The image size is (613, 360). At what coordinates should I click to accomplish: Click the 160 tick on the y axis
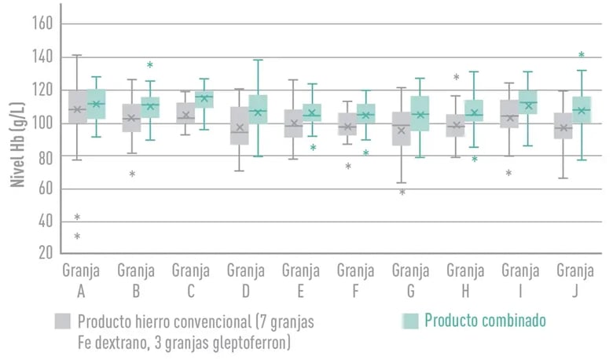point(42,23)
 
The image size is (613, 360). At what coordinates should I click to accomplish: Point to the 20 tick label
point(46,252)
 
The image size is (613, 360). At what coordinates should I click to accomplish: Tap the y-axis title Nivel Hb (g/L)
point(17,145)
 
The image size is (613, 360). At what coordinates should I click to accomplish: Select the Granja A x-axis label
point(81,281)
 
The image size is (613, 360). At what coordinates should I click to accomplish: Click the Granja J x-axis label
point(575,281)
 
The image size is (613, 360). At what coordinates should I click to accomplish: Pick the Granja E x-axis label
point(301,281)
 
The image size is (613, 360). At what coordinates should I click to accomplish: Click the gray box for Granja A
point(77,107)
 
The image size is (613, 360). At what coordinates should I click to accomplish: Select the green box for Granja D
point(258,109)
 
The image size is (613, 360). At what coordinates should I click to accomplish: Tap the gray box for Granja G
point(402,129)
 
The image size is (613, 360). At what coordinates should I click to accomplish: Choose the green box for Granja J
point(582,110)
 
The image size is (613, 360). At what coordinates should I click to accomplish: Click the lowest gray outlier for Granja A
point(77,236)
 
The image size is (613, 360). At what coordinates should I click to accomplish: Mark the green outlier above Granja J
point(582,55)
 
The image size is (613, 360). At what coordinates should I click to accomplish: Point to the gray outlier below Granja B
point(132,174)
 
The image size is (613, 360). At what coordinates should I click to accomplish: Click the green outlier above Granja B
point(150,65)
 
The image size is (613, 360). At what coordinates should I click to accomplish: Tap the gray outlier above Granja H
point(457,77)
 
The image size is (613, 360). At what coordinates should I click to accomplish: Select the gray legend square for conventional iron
point(63,321)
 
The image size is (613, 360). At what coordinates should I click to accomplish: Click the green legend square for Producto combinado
point(410,321)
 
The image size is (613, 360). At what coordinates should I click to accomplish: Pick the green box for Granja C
point(204,99)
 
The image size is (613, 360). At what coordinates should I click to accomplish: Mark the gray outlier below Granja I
point(508,173)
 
